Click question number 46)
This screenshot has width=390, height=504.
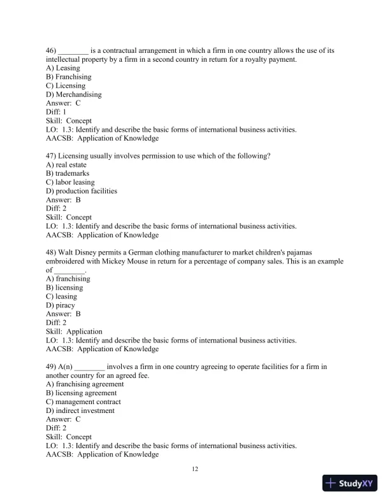click(52, 50)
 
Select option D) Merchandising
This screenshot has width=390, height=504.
click(73, 95)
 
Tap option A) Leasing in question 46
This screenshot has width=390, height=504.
click(63, 68)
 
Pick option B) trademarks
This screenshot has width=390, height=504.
click(68, 173)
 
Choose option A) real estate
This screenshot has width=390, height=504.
click(67, 164)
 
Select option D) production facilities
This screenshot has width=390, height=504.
click(82, 191)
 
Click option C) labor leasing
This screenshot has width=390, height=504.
click(70, 182)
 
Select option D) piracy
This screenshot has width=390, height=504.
click(61, 305)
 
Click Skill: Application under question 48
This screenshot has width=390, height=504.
click(74, 332)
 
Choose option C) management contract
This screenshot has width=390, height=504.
click(83, 402)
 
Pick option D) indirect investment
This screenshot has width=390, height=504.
click(80, 411)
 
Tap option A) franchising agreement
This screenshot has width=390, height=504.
click(85, 384)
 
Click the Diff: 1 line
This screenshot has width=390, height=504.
click(56, 112)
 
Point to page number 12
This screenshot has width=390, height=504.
click(195, 469)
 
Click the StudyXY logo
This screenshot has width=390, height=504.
click(351, 483)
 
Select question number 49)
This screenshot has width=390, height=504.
click(52, 367)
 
